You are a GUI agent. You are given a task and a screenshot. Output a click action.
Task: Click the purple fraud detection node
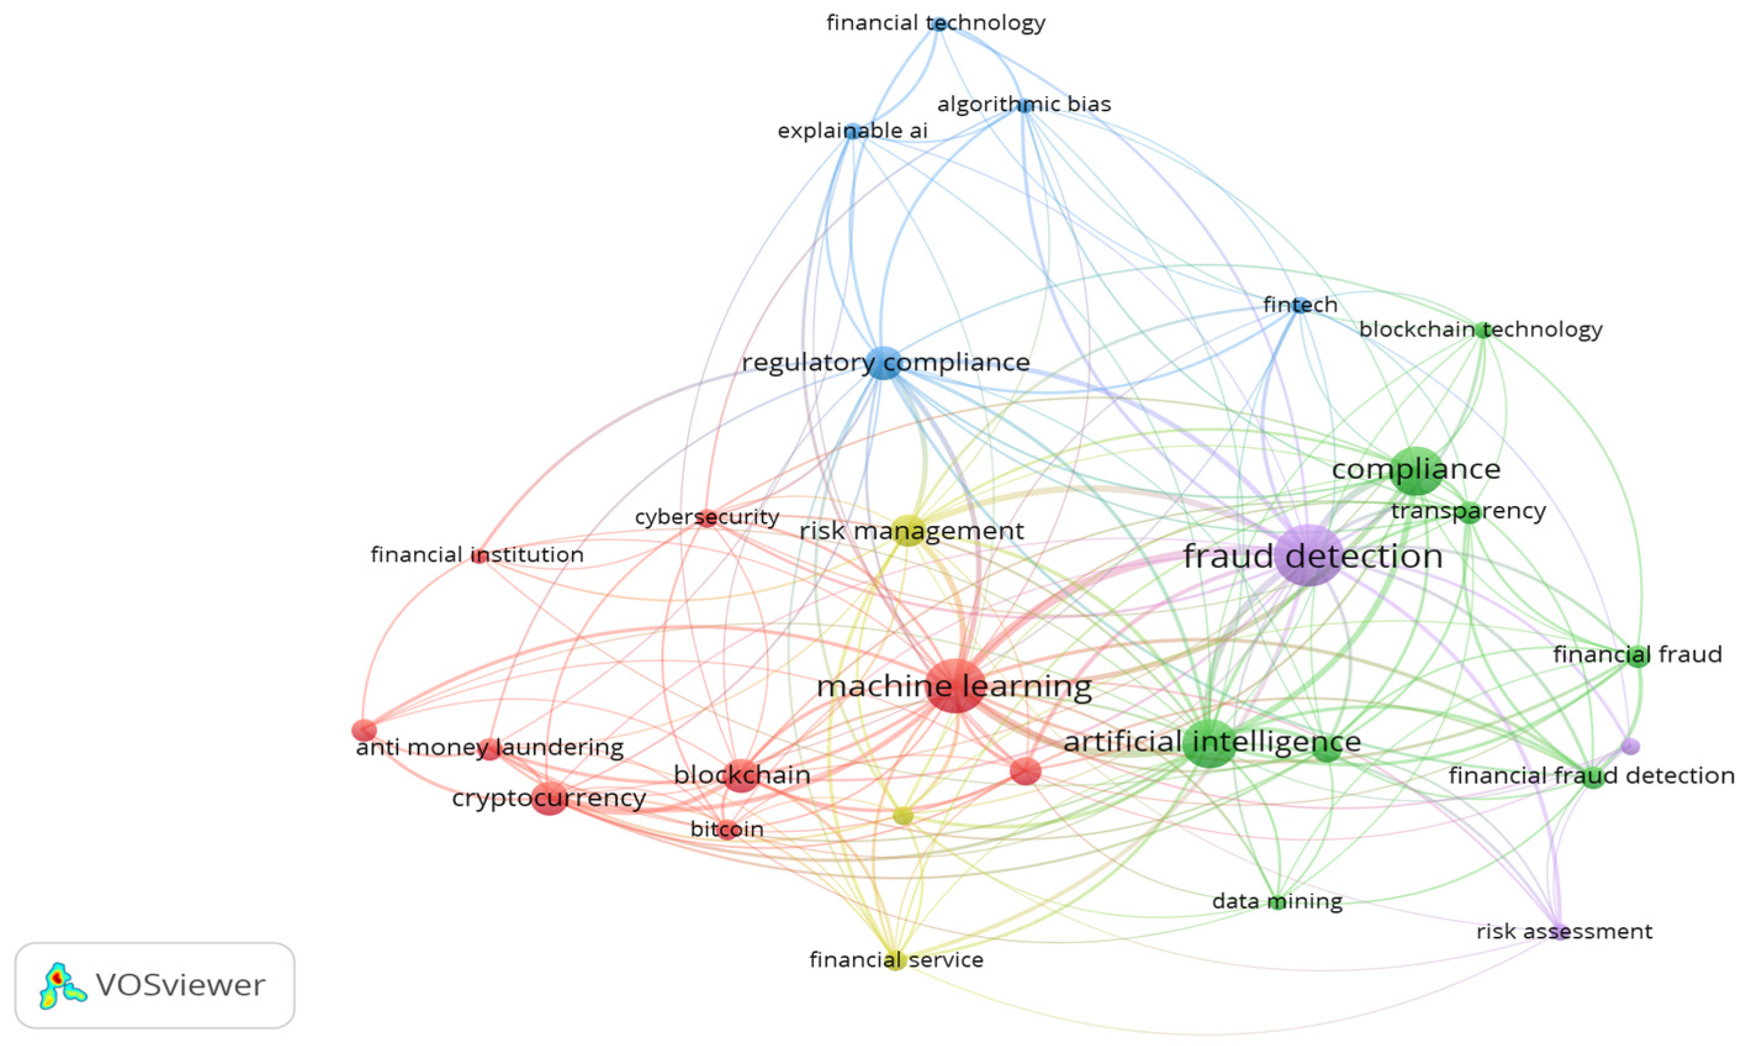[1309, 555]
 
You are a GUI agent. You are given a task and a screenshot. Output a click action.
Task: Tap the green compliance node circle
[1415, 470]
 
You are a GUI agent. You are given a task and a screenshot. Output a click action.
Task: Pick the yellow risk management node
[909, 531]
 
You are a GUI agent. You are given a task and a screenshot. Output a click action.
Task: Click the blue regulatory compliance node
[884, 363]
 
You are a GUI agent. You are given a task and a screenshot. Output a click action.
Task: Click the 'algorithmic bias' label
[1023, 105]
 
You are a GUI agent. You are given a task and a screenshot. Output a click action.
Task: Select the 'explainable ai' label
[852, 131]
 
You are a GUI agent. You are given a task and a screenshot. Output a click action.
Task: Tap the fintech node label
[1300, 305]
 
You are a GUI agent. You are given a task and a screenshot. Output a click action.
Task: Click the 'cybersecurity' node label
[707, 517]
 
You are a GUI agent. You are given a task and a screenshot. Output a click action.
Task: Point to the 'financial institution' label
[477, 555]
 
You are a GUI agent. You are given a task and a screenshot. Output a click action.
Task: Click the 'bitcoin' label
[727, 829]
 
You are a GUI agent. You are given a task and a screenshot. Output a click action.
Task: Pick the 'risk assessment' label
[1564, 932]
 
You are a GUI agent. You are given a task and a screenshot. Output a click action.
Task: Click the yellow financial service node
[895, 960]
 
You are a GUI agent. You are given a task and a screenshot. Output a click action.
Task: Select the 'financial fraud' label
[1636, 655]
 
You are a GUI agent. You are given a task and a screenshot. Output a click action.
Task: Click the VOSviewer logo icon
[62, 985]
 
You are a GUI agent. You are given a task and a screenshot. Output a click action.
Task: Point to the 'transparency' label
[1468, 511]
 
